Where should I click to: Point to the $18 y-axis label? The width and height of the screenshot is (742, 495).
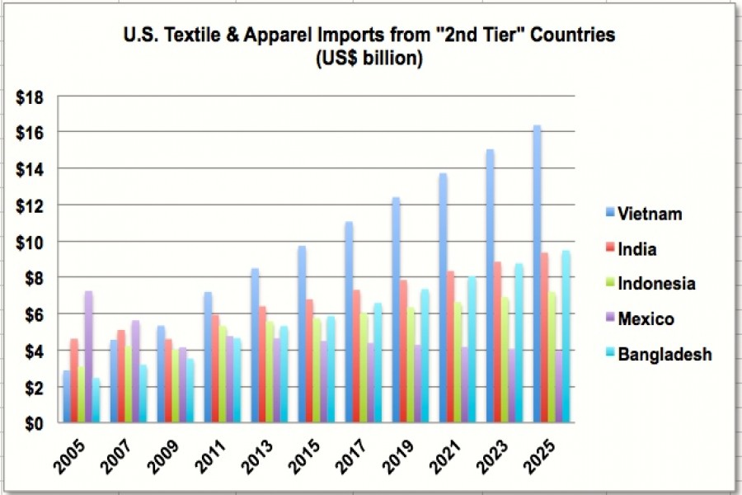click(31, 97)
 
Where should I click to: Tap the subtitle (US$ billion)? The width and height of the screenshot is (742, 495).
click(369, 59)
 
